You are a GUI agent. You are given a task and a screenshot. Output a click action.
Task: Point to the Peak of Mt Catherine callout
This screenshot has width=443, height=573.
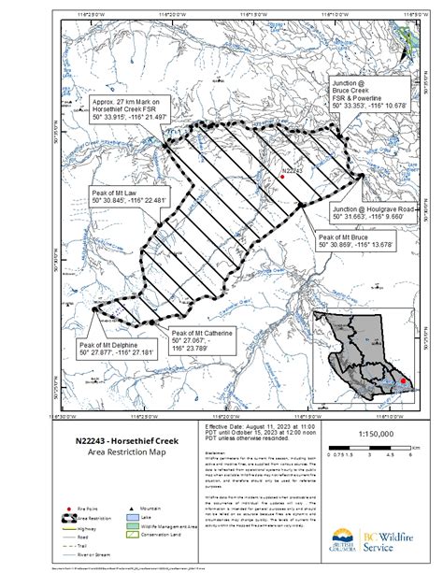pos(200,341)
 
